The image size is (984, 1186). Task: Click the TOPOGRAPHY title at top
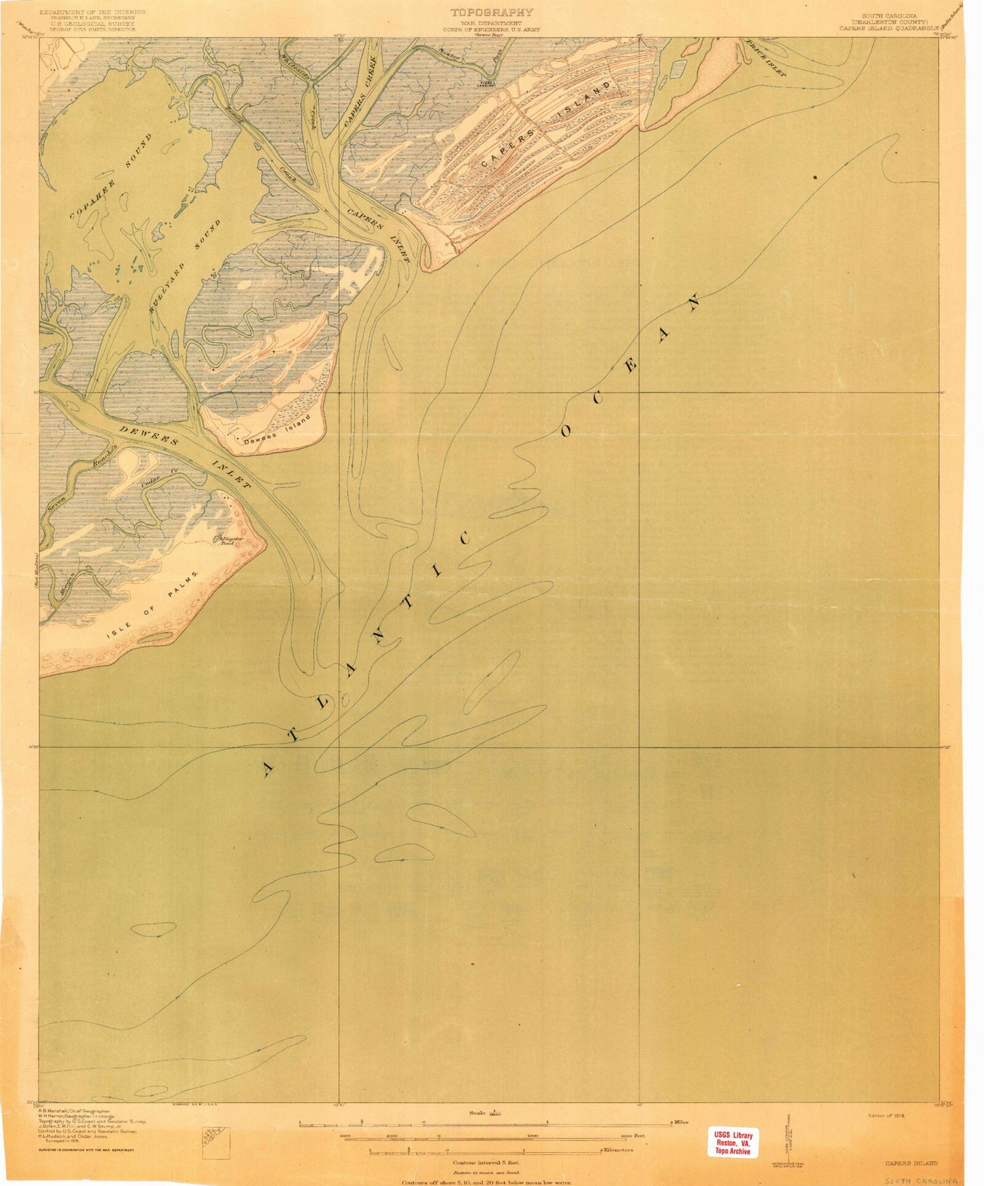tap(491, 12)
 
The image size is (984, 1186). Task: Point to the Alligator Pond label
tap(226, 540)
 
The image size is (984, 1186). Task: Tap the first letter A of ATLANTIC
tap(268, 769)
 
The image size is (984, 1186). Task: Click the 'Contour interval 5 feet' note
tap(486, 1163)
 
